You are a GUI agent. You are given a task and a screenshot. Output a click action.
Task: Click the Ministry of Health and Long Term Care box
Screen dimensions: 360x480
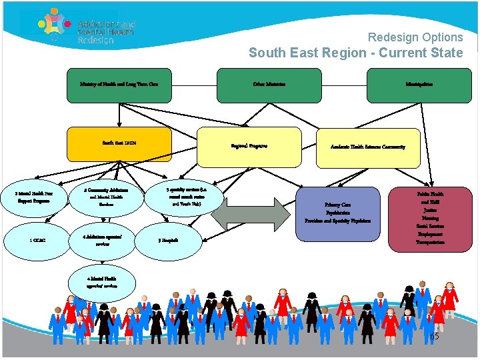tap(119, 85)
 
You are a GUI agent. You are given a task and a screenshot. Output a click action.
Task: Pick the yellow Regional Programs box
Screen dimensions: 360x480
tap(249, 146)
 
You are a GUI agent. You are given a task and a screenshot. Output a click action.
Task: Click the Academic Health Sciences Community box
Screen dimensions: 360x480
tap(368, 147)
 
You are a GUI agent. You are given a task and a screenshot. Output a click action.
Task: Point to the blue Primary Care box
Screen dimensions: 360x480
tap(337, 211)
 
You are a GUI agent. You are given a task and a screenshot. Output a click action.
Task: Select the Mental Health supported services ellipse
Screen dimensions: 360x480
tap(102, 282)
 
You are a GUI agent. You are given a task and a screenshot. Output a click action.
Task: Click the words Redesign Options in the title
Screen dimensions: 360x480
tap(415, 37)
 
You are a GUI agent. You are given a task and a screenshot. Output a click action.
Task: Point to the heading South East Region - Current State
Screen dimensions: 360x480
tap(355, 53)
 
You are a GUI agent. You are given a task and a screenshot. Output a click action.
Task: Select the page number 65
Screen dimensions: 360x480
tap(433, 337)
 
